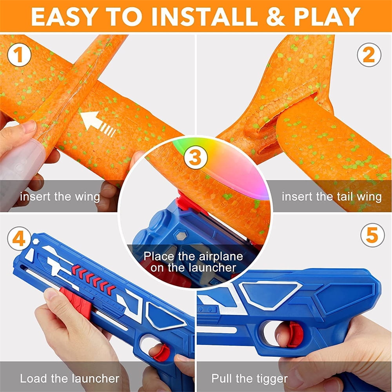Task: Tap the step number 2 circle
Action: tap(369, 56)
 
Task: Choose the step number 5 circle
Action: tap(372, 235)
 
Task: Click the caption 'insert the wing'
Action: tap(60, 196)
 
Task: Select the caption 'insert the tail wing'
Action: tap(331, 196)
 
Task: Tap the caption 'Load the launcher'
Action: tap(69, 378)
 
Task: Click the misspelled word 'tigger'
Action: tap(271, 378)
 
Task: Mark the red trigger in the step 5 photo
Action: tap(295, 334)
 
